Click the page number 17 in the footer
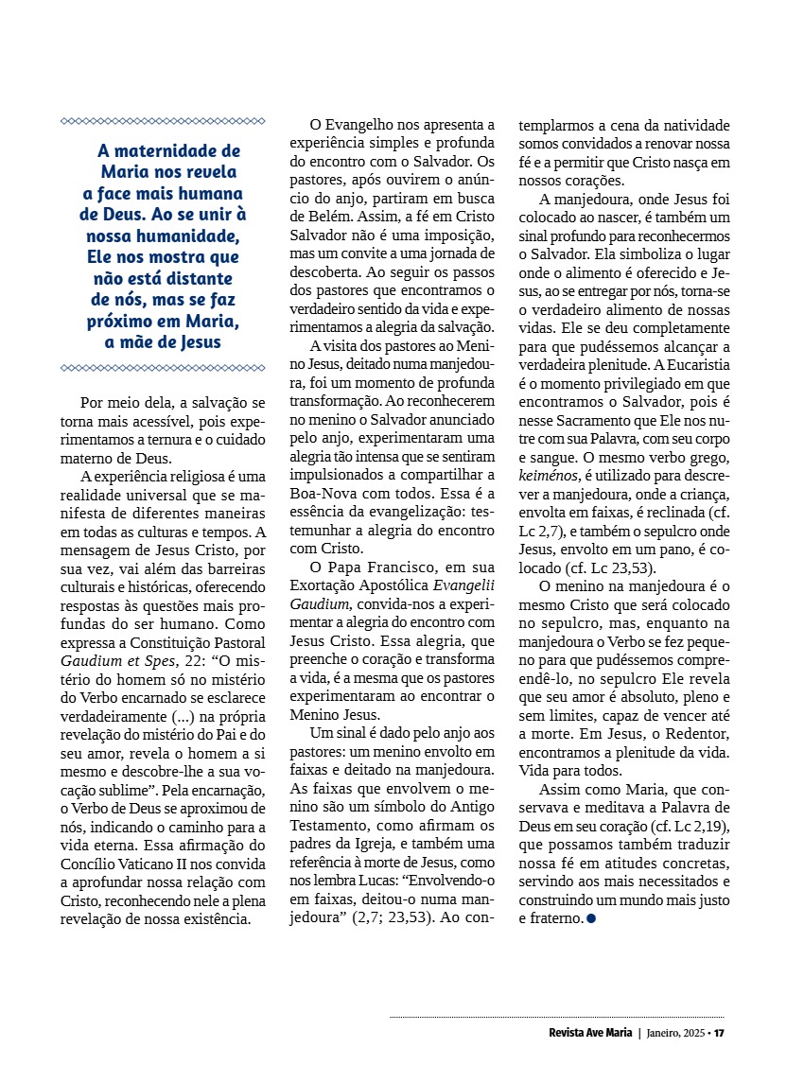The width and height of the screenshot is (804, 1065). coord(719,1032)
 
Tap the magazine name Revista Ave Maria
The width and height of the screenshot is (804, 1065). coord(590,1032)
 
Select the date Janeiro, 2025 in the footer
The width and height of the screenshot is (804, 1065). coord(675,1032)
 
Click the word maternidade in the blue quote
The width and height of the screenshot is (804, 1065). coord(186,150)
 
